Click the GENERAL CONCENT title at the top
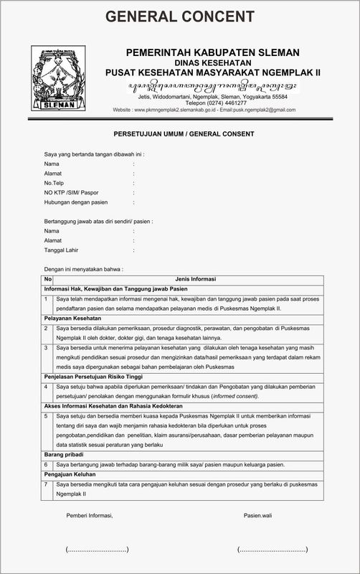pos(179,17)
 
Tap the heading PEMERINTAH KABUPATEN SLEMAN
pos(213,52)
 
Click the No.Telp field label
pos(55,183)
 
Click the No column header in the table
pos(47,278)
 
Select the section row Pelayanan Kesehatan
pos(73,317)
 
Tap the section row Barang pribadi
pos(64,454)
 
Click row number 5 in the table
pos(47,415)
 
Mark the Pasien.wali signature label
pos(258,515)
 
